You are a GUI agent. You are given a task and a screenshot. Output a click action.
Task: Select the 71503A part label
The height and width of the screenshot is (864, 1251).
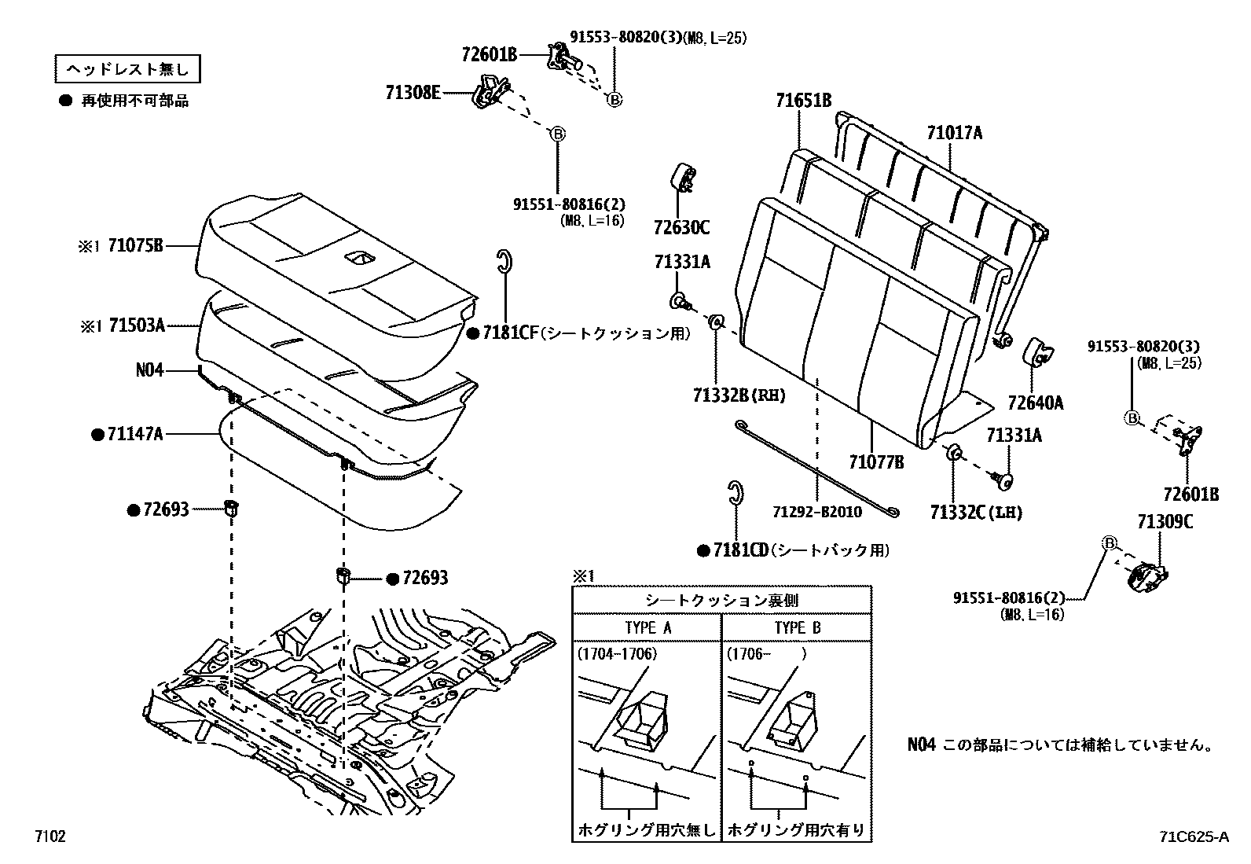click(x=136, y=325)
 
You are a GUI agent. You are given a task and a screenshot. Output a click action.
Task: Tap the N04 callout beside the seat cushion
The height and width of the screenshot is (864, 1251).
click(x=150, y=369)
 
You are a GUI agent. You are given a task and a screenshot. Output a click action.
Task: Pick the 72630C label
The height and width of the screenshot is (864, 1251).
click(x=681, y=228)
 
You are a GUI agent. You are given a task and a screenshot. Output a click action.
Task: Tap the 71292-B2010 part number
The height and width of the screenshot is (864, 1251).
click(x=817, y=513)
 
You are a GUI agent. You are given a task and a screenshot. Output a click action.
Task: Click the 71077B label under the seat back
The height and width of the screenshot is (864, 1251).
click(x=875, y=462)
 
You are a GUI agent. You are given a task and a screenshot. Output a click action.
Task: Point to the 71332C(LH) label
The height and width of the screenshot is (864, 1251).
click(x=976, y=513)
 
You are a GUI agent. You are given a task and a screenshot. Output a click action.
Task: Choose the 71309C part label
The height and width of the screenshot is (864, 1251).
click(x=1165, y=520)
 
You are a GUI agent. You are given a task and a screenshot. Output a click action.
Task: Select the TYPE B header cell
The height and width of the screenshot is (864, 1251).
click(x=797, y=627)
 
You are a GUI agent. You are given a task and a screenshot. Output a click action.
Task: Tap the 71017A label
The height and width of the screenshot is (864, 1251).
click(x=954, y=133)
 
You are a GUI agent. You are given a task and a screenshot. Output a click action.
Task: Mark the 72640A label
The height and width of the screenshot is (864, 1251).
click(x=1036, y=403)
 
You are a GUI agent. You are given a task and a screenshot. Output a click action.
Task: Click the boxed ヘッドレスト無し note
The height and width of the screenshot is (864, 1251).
click(x=127, y=70)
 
